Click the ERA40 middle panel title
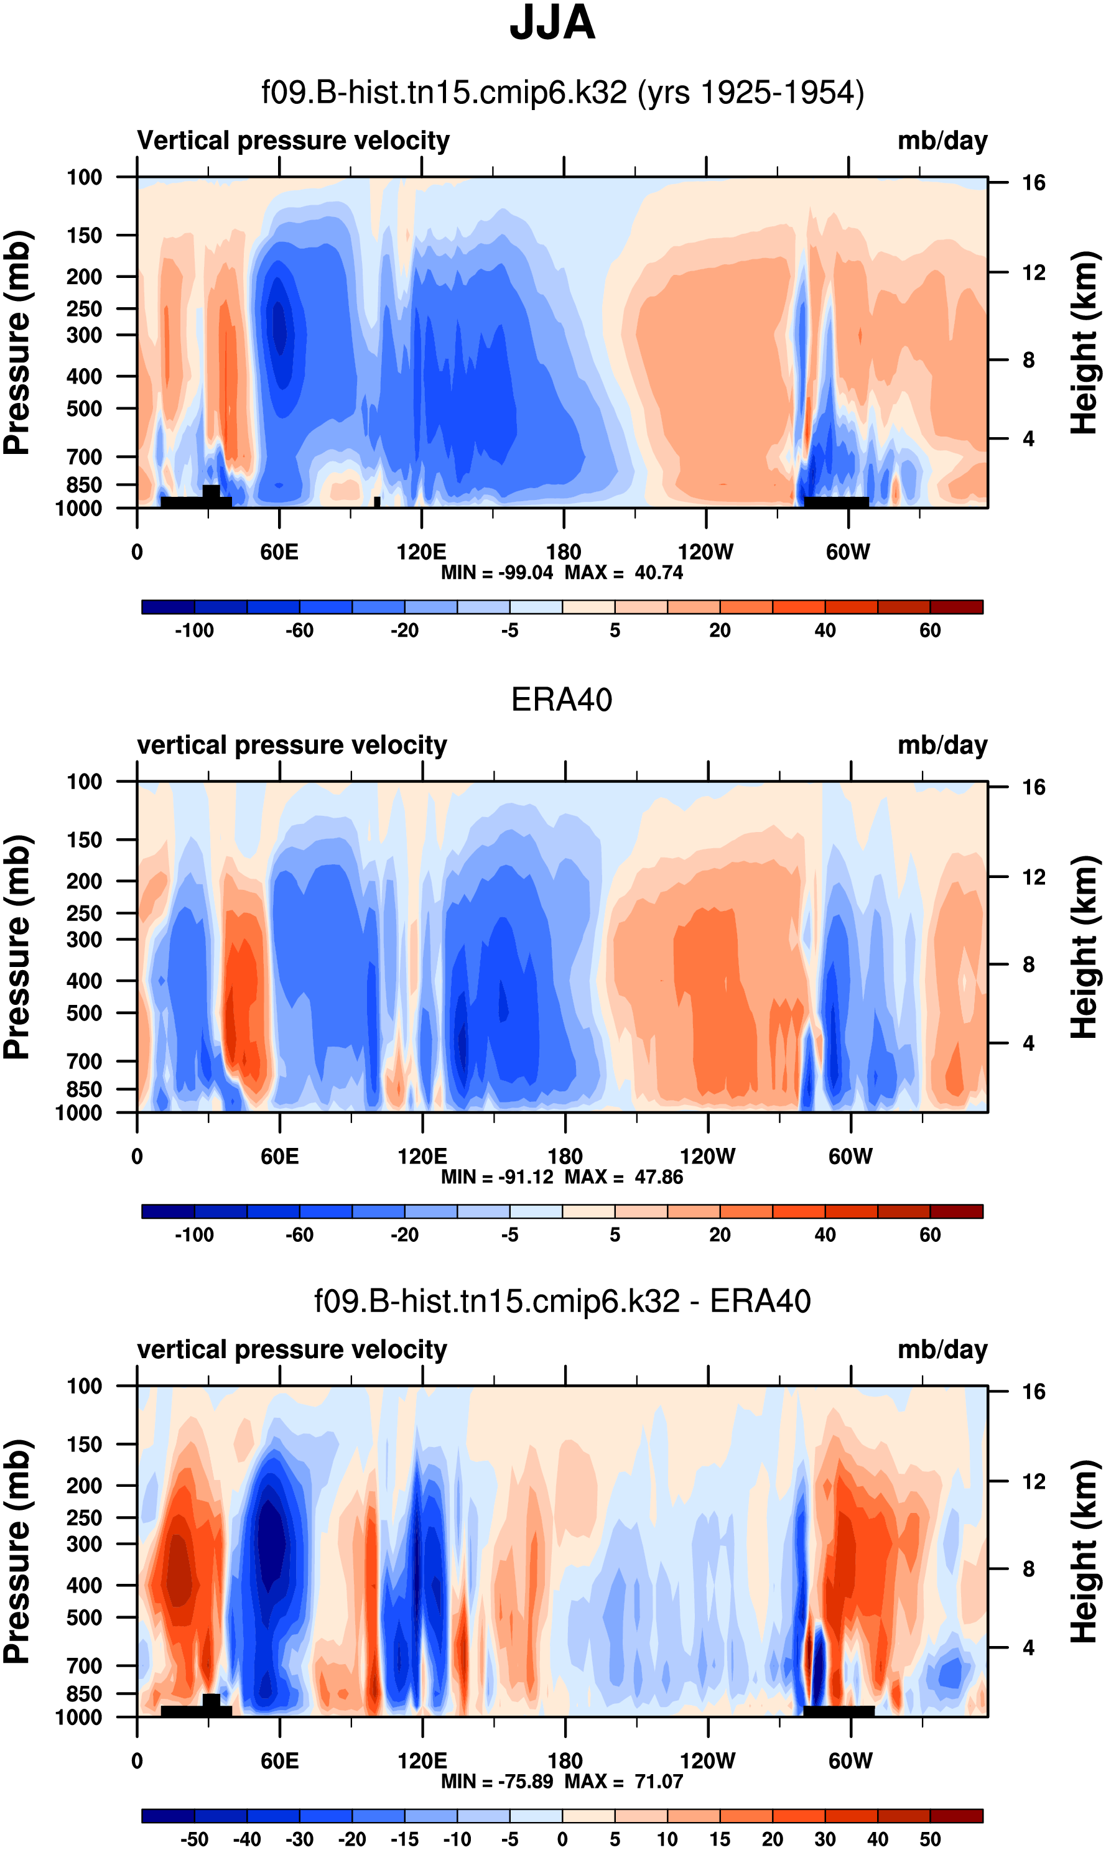[x=561, y=700]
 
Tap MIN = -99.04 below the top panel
[x=497, y=572]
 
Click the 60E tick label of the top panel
[x=279, y=552]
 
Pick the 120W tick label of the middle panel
[x=707, y=1157]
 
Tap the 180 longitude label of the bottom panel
[x=565, y=1760]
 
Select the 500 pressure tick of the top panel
[x=84, y=409]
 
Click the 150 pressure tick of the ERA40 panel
[x=84, y=839]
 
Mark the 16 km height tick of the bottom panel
[x=1034, y=1391]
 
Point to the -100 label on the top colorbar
[x=195, y=631]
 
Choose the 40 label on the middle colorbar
[x=825, y=1234]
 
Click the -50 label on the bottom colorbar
[x=195, y=1839]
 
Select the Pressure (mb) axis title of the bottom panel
[x=16, y=1552]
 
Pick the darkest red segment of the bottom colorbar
[x=956, y=1816]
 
